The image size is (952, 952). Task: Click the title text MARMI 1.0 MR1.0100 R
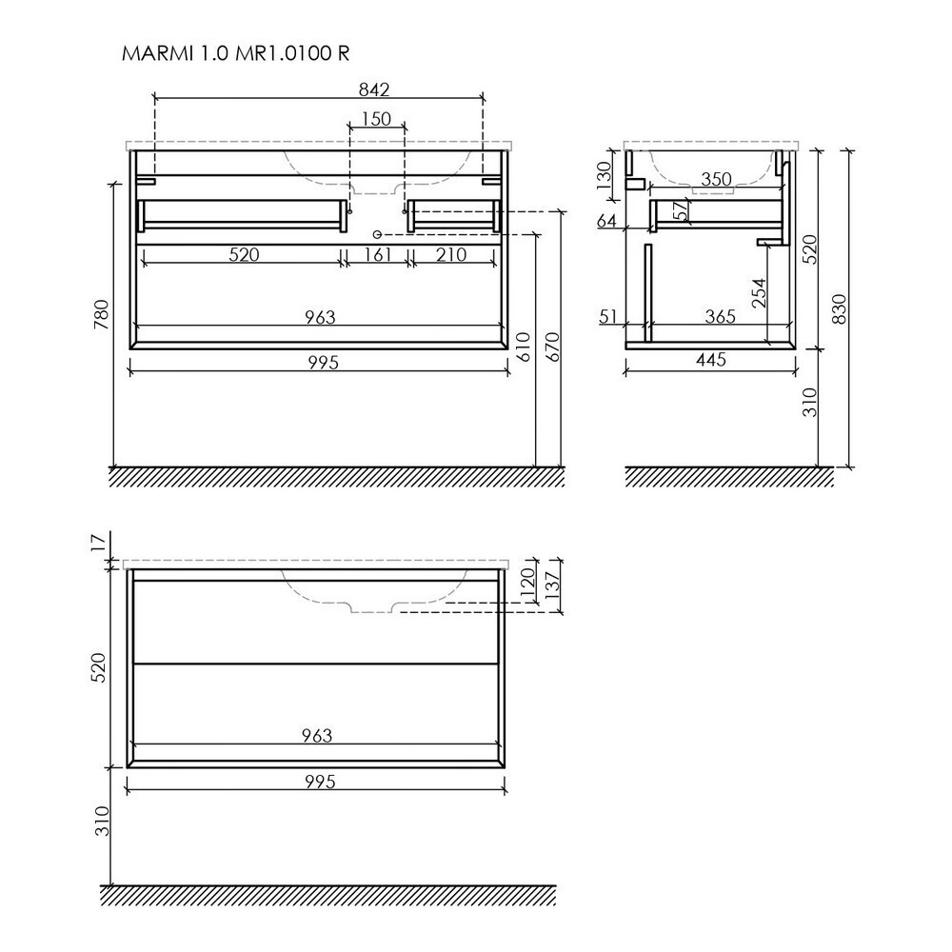click(x=235, y=53)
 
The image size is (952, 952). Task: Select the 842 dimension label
click(x=373, y=89)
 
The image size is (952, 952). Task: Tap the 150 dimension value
click(x=376, y=119)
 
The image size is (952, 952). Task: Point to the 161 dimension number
click(x=378, y=254)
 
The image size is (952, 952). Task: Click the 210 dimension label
click(x=451, y=254)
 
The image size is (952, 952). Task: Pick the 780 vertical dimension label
click(x=102, y=314)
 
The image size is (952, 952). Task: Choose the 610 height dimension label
click(x=524, y=347)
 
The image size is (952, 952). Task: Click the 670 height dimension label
click(x=553, y=347)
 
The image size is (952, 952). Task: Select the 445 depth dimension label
click(x=711, y=360)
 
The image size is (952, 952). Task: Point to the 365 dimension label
click(x=721, y=316)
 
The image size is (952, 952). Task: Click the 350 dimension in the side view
click(x=717, y=180)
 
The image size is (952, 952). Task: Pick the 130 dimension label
click(x=605, y=176)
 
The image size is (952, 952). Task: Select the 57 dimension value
click(x=683, y=210)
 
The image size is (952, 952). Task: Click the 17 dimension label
click(x=103, y=541)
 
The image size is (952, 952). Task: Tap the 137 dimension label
click(x=553, y=585)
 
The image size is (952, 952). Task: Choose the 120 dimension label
click(x=526, y=580)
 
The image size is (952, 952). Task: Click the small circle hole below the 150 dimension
click(x=376, y=234)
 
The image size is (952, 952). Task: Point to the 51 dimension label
click(x=607, y=316)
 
